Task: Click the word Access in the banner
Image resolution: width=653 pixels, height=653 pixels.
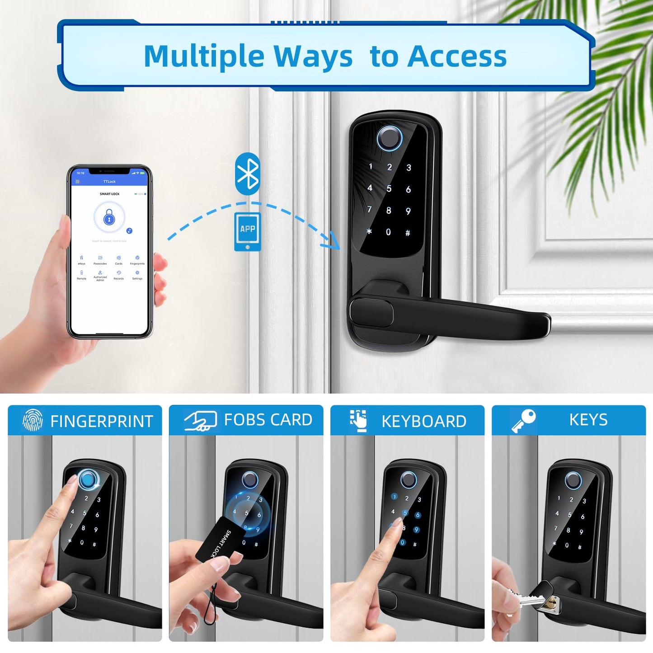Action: pyautogui.click(x=457, y=56)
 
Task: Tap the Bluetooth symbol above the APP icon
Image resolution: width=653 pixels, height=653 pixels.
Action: pyautogui.click(x=248, y=174)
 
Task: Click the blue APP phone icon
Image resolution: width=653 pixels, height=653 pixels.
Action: pyautogui.click(x=247, y=231)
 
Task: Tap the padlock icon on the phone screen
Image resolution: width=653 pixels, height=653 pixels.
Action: pyautogui.click(x=109, y=218)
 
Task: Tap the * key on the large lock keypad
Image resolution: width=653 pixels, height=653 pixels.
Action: pyautogui.click(x=369, y=231)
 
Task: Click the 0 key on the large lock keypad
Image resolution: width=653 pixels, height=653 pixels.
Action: pyautogui.click(x=388, y=232)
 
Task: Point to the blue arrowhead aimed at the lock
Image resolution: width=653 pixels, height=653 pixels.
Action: pyautogui.click(x=334, y=241)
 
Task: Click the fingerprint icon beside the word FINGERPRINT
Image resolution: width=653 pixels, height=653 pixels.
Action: pyautogui.click(x=33, y=420)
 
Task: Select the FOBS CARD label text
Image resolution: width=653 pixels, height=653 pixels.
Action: pyautogui.click(x=268, y=420)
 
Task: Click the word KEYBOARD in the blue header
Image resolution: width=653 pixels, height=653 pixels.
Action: pyautogui.click(x=424, y=421)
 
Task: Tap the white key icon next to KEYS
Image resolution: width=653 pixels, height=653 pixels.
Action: pyautogui.click(x=523, y=420)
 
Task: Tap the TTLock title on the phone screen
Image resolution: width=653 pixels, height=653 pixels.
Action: pyautogui.click(x=109, y=182)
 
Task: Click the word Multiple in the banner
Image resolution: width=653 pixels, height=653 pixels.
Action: pyautogui.click(x=204, y=56)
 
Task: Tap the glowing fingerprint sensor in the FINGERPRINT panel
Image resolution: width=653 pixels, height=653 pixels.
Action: pyautogui.click(x=88, y=480)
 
